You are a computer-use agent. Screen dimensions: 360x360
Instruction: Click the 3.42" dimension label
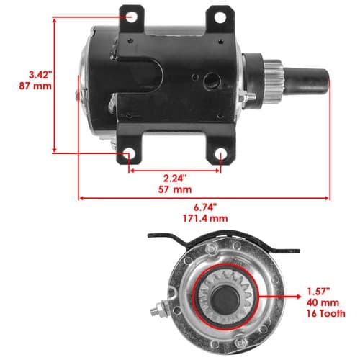coord(40,75)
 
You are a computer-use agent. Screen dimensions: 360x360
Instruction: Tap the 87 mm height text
coord(35,86)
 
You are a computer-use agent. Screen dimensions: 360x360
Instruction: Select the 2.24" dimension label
coord(175,179)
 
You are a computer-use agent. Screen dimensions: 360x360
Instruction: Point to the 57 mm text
coord(175,189)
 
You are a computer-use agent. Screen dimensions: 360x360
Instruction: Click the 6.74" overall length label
coord(205,207)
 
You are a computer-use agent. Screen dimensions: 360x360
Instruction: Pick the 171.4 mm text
coord(205,218)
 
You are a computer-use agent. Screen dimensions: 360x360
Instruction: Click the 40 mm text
coord(323,302)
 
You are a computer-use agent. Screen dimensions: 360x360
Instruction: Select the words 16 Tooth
coord(325,313)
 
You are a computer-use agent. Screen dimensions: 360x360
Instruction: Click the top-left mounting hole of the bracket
coord(131,17)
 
